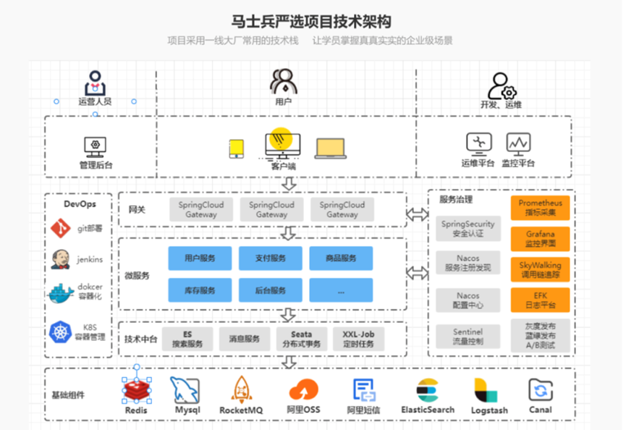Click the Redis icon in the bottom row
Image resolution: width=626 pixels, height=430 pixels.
[x=135, y=391]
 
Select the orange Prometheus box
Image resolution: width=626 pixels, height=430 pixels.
[x=540, y=208]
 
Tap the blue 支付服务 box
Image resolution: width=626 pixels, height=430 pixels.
[x=271, y=258]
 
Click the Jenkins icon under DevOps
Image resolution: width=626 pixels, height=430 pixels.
[x=61, y=259]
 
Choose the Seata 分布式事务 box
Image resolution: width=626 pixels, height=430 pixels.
[x=303, y=339]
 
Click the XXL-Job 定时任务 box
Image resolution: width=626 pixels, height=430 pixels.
[x=358, y=339]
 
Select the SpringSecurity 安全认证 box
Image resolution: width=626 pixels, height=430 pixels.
[x=468, y=229]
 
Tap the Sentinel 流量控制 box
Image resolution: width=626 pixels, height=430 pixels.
[x=468, y=336]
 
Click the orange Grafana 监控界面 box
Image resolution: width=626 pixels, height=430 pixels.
[x=540, y=239]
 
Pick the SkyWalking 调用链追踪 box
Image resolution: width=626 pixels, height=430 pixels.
[x=540, y=269]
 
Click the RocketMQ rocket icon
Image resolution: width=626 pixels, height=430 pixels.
[x=241, y=391]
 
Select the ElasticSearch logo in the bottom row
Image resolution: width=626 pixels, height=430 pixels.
[x=428, y=391]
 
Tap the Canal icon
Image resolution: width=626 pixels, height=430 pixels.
[x=540, y=391]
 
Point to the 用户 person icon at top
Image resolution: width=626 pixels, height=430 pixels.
[x=283, y=81]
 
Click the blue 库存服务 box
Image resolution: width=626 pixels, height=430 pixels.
[x=200, y=290]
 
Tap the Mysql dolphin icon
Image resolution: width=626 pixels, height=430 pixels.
[x=185, y=391]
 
